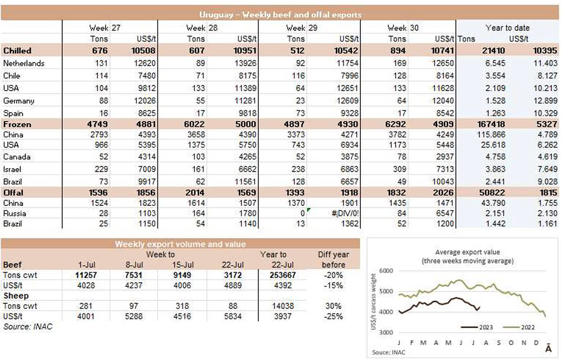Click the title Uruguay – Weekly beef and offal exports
point(280,15)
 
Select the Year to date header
point(507,28)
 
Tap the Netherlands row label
point(24,64)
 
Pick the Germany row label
point(19,101)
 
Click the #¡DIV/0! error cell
point(339,214)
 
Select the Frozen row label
point(17,124)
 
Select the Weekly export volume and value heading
point(180,244)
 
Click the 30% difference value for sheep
point(333,306)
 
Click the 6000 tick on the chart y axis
point(386,271)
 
